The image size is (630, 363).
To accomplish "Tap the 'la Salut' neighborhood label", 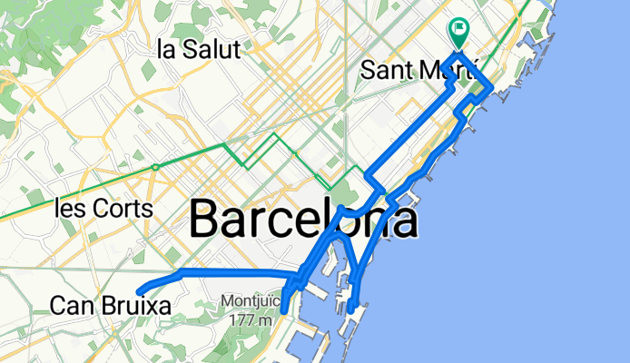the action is (199, 49).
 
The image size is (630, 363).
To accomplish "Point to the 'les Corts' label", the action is (103, 208).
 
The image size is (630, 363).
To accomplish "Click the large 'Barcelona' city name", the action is (304, 221).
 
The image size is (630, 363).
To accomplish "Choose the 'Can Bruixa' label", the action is (111, 307).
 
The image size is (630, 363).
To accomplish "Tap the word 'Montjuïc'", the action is (247, 301).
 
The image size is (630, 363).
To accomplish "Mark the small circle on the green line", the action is (155, 167).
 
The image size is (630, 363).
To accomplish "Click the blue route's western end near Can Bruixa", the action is (138, 290).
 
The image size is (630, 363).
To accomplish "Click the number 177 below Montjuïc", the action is (240, 319).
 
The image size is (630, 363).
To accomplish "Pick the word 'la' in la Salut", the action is (165, 49).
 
